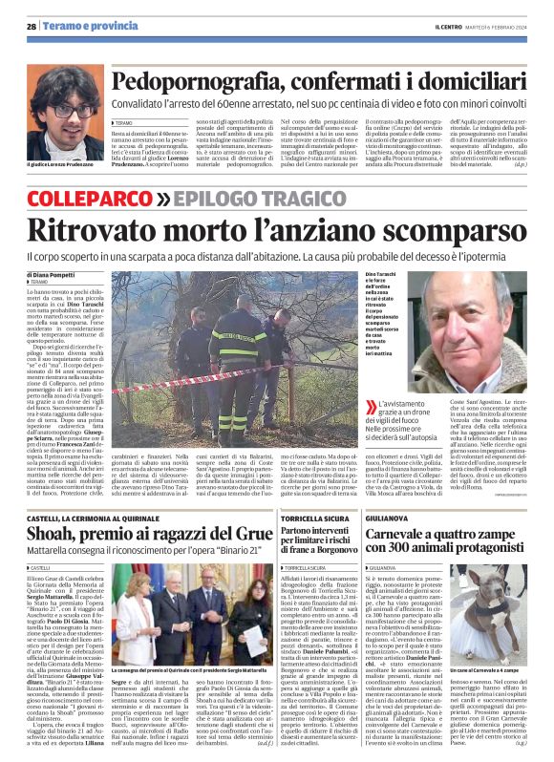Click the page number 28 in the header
[31, 26]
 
